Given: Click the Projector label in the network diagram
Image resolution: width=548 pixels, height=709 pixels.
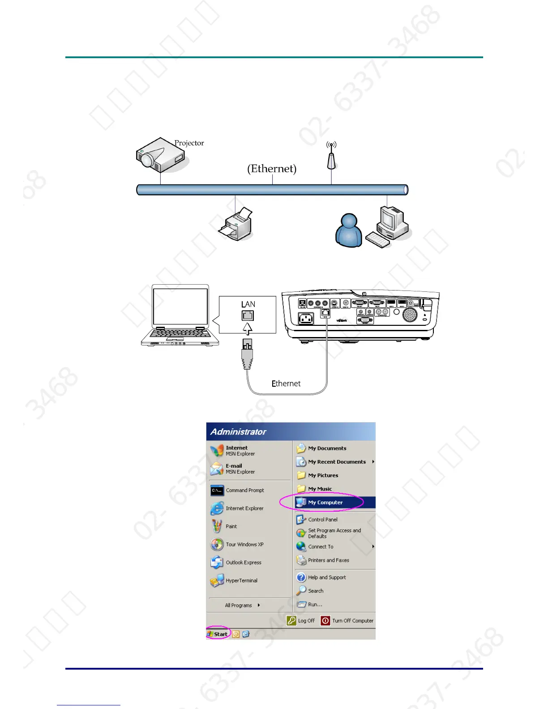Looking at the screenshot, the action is coord(189,143).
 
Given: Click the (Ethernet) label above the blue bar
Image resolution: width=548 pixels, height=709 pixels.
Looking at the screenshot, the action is coord(272,169).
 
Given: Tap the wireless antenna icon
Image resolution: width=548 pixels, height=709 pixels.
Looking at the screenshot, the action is coord(331,157).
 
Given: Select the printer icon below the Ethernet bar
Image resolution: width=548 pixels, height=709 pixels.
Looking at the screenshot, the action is coord(236,224).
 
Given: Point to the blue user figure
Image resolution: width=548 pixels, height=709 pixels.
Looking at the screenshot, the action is coord(349,231).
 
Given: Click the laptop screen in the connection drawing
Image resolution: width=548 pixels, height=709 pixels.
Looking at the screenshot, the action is coord(180,307).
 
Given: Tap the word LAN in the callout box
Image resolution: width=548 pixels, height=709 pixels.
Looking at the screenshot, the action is coord(248,304).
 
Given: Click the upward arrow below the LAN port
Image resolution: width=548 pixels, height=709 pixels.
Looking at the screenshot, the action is coord(248,329).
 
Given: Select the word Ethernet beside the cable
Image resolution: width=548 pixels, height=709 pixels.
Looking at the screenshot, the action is coord(286,384).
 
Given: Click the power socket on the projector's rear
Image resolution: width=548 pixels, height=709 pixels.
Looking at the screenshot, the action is coord(306,319).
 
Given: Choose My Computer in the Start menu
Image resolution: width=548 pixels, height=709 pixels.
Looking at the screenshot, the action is coord(325,503).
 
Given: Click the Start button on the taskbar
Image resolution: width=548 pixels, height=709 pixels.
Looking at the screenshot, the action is coord(218,634).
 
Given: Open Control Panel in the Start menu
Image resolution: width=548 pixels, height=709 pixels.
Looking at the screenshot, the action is coord(322,520).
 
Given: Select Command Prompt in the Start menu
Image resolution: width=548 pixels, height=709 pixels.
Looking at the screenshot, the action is coord(244,491).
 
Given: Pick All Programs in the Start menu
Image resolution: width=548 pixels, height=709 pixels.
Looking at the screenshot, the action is coord(239,606).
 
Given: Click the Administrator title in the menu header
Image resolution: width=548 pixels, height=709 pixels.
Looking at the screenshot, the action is coord(238,432).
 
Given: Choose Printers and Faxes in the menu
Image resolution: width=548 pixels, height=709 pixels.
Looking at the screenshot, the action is coord(328,560).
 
